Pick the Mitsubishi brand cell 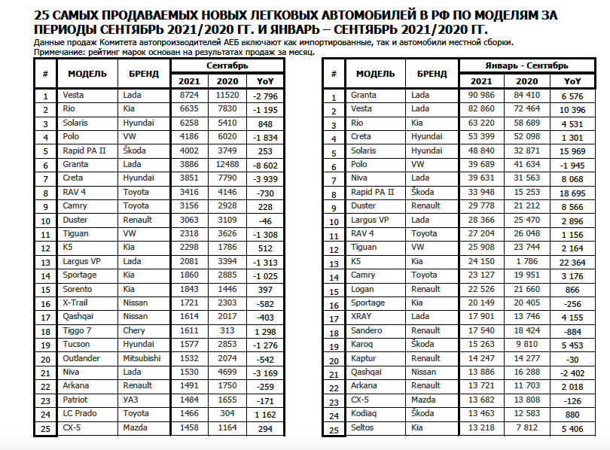142,358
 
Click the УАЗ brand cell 130,400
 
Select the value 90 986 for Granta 481,96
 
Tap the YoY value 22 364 572,263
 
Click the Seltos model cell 364,428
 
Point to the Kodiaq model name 364,415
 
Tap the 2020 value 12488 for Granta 227,164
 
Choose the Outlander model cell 81,358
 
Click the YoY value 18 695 572,193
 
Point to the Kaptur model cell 364,358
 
